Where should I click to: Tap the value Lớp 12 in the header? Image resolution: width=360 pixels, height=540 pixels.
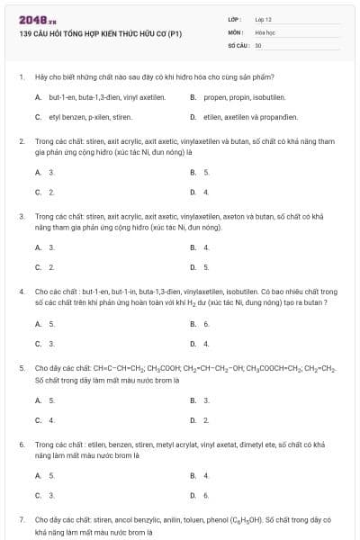pyautogui.click(x=264, y=19)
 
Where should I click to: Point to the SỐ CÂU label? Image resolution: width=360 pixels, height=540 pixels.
pyautogui.click(x=238, y=44)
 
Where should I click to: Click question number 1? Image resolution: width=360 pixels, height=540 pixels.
pyautogui.click(x=21, y=76)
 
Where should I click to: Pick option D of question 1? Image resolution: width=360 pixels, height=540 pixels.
pyautogui.click(x=193, y=117)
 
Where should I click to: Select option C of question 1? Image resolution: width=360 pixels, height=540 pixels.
pyautogui.click(x=38, y=117)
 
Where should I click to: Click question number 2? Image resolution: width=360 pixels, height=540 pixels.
pyautogui.click(x=21, y=141)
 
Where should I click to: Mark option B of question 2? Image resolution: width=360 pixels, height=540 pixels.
pyautogui.click(x=193, y=172)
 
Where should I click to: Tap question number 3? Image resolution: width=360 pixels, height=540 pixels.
pyautogui.click(x=21, y=216)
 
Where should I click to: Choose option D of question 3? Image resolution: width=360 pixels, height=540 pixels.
pyautogui.click(x=193, y=266)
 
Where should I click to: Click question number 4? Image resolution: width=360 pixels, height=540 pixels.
pyautogui.click(x=21, y=292)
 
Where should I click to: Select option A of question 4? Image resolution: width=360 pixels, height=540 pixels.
pyautogui.click(x=38, y=323)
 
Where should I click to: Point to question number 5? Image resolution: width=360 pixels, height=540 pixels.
pyautogui.click(x=21, y=368)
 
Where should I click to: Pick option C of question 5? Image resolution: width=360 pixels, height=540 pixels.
pyautogui.click(x=38, y=419)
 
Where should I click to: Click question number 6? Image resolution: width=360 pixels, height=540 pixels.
pyautogui.click(x=21, y=445)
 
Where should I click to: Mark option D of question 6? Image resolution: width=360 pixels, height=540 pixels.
pyautogui.click(x=193, y=495)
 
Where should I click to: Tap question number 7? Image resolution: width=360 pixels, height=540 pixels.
pyautogui.click(x=21, y=520)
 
